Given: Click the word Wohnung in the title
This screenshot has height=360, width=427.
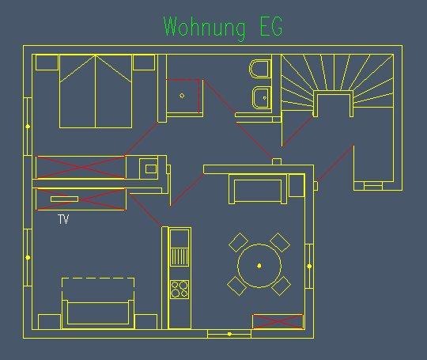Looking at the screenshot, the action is [x=204, y=27].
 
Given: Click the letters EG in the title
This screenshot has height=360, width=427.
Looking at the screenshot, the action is [x=271, y=26].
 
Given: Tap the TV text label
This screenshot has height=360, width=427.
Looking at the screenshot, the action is [x=63, y=219].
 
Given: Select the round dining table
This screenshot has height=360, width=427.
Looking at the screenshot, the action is [x=259, y=265].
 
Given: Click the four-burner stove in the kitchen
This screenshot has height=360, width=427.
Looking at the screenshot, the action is [x=179, y=289].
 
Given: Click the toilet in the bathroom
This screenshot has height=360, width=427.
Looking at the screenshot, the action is [x=260, y=68].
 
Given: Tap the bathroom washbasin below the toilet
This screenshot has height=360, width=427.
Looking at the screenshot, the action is [x=262, y=97].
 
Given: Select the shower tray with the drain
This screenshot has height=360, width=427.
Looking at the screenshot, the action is [x=183, y=96].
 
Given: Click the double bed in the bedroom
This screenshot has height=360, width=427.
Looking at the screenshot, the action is [x=96, y=91].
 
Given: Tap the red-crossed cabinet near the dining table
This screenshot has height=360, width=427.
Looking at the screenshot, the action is [x=278, y=321].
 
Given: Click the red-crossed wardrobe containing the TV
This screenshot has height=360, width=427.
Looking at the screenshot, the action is [x=81, y=199].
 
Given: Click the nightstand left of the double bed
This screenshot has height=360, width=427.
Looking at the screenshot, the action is [x=47, y=63].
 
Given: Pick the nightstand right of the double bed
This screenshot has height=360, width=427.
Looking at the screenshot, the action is [x=144, y=63].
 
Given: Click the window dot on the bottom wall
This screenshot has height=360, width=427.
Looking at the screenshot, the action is [x=229, y=334].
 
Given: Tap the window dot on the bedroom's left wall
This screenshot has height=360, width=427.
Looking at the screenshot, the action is [x=28, y=127].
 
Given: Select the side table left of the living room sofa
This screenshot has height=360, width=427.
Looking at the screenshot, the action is [x=50, y=321].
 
